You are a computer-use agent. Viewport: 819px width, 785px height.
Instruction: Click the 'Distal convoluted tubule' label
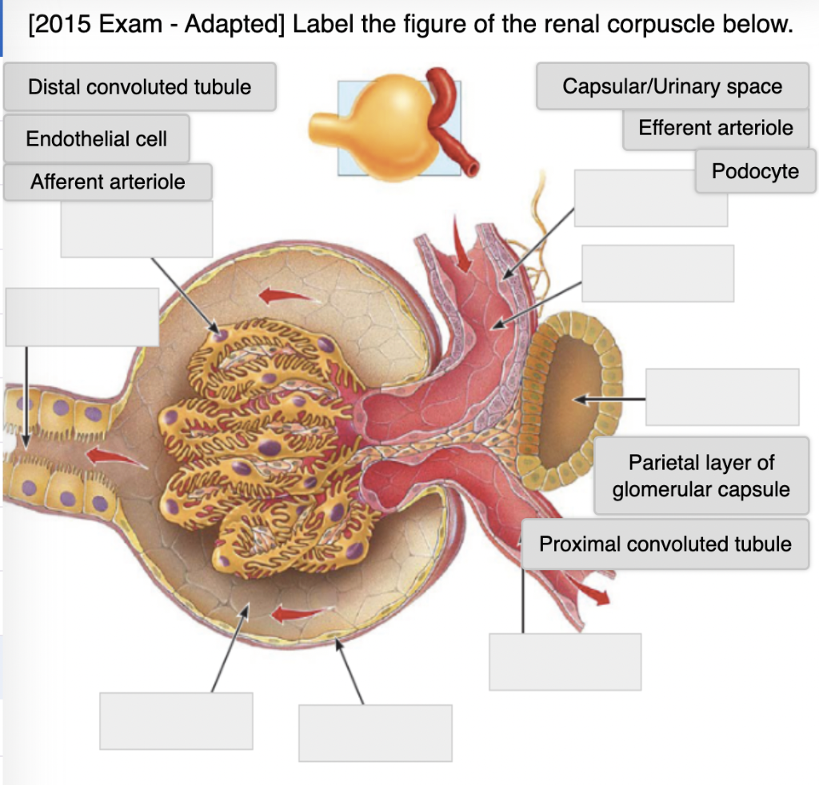(x=139, y=87)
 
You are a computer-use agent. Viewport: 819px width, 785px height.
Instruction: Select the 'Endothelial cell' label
(x=96, y=139)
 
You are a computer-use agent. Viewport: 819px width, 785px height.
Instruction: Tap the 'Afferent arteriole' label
(x=107, y=182)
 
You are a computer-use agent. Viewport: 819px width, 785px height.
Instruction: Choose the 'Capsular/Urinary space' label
(x=672, y=86)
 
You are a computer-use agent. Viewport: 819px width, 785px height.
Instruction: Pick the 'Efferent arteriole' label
(x=715, y=128)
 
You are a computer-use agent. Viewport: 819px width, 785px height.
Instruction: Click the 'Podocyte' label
(x=755, y=171)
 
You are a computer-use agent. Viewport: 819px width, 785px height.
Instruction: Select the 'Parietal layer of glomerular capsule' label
(x=701, y=476)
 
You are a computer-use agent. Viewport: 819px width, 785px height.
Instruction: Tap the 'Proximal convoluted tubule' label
(x=665, y=544)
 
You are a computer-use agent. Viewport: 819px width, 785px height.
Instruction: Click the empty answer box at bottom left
(x=176, y=720)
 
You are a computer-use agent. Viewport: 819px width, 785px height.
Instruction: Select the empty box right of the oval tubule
(x=721, y=396)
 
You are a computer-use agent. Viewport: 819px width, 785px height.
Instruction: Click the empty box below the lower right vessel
(x=565, y=661)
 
